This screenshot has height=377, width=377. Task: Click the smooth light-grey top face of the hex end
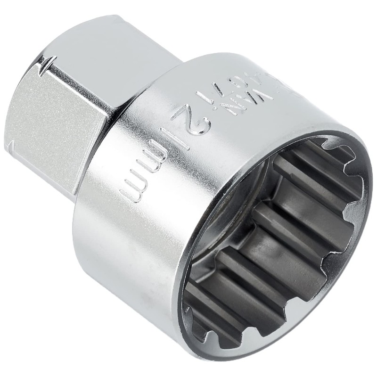[x=108, y=47]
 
